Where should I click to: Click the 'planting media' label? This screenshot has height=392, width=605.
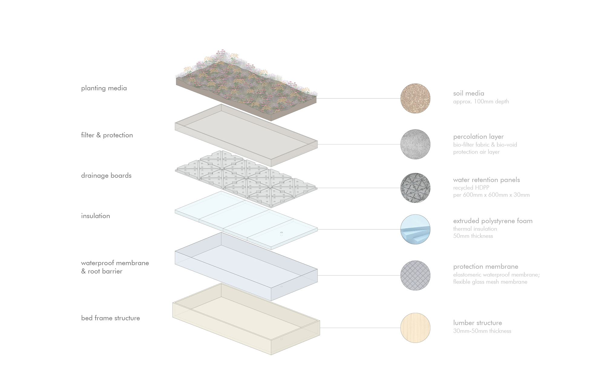[104, 88]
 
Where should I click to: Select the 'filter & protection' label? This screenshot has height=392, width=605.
[107, 135]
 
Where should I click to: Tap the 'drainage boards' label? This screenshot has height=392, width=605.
[106, 175]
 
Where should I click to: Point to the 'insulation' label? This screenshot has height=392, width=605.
[95, 216]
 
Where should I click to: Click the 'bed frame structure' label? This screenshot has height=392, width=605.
[110, 318]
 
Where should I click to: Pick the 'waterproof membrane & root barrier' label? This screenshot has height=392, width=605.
[115, 267]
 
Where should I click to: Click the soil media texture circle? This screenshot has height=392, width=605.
[415, 98]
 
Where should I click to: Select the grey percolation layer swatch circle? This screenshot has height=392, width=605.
[415, 144]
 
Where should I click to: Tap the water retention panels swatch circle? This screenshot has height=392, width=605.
[415, 188]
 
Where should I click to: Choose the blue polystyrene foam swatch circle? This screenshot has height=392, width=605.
[415, 229]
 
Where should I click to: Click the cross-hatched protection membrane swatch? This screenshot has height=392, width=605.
[415, 275]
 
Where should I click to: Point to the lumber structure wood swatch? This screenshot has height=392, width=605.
[415, 328]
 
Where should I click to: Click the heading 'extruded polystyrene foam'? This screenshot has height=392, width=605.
[493, 221]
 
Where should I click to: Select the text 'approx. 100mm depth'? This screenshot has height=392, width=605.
[481, 101]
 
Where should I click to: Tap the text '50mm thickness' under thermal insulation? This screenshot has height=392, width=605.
[473, 236]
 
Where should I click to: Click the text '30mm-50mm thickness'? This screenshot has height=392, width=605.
[482, 331]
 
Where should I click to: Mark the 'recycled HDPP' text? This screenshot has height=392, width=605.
[471, 188]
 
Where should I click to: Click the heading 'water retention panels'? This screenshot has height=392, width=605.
[486, 180]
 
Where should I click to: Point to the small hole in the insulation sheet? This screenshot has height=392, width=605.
[281, 233]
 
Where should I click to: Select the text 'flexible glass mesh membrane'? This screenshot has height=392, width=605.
[490, 282]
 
